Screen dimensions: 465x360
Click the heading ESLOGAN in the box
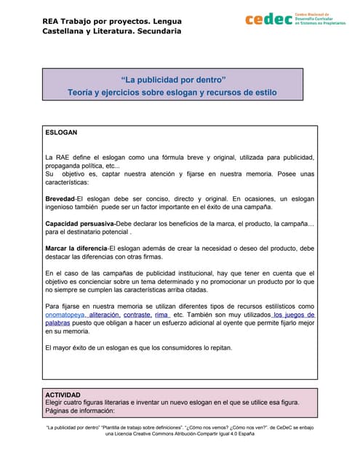[61, 134]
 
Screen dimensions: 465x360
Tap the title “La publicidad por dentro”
[173, 78]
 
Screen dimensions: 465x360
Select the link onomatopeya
[65, 316]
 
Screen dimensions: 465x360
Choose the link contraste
[137, 316]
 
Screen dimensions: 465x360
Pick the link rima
[161, 316]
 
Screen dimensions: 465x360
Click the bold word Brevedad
[60, 198]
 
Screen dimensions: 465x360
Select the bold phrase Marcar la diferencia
[76, 249]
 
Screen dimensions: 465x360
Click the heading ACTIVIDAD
[63, 395]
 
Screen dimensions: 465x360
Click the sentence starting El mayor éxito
[138, 347]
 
